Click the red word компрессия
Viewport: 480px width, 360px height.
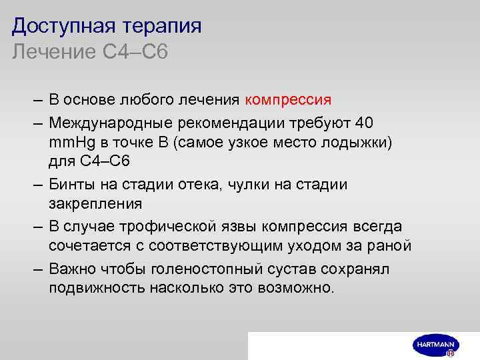coord(288,101)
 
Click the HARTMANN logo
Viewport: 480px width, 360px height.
coord(437,345)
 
